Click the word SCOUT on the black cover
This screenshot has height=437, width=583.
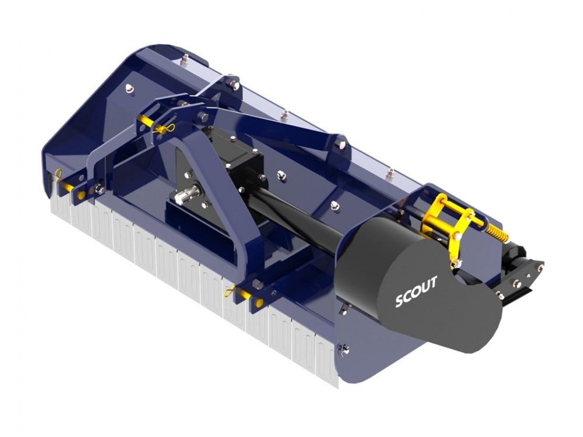point(416,291)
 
